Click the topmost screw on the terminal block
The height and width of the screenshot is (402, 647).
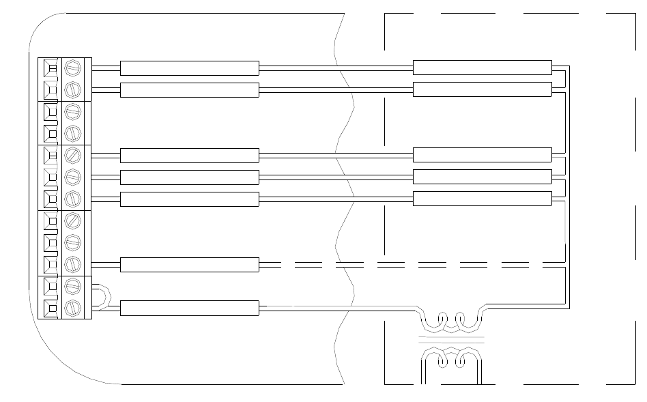(72, 68)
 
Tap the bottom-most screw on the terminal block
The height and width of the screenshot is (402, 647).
(72, 308)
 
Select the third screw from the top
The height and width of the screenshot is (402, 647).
(72, 111)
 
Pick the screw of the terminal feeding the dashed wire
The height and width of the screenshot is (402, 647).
(72, 264)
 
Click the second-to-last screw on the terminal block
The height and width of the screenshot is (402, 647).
(72, 286)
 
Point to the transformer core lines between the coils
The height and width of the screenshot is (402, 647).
(450, 339)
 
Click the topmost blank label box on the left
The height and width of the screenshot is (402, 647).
(189, 68)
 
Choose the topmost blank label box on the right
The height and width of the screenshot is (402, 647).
(482, 68)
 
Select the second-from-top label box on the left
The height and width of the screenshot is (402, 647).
(189, 89)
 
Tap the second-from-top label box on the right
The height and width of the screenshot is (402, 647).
(482, 89)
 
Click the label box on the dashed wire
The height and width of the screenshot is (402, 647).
(189, 264)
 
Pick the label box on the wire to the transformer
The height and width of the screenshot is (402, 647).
(189, 308)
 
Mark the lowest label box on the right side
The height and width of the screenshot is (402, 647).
(482, 199)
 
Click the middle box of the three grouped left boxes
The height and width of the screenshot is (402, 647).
(189, 177)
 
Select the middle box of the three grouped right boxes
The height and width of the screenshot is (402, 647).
(482, 177)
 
